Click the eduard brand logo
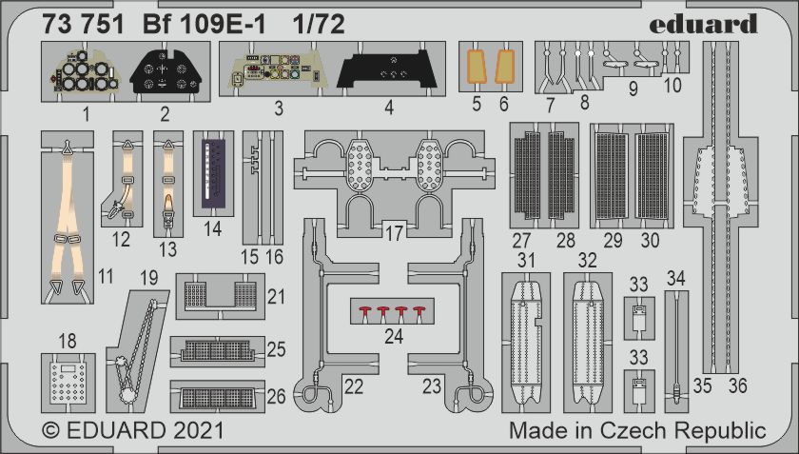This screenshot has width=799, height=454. [703, 24]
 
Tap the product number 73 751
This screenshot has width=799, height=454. [83, 24]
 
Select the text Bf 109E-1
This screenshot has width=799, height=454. [204, 24]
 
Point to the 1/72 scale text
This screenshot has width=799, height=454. [319, 24]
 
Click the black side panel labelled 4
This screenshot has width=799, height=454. [388, 69]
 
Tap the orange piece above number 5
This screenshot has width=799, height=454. [476, 67]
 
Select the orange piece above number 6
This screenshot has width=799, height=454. [505, 67]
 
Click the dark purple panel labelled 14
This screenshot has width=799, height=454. [213, 173]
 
